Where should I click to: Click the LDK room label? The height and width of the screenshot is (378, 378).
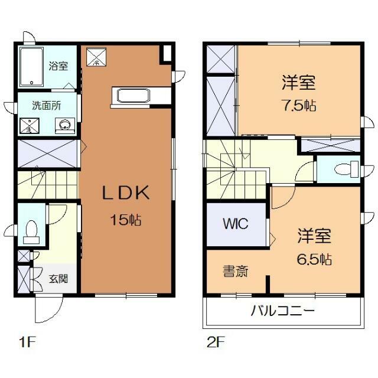125,194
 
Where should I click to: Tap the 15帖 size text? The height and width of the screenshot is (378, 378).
125,220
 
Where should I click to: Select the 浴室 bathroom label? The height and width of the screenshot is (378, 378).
58,66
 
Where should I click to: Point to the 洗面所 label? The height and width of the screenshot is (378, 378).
45,107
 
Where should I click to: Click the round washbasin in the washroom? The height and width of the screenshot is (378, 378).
64,125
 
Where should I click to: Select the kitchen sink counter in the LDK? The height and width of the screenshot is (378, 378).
135,95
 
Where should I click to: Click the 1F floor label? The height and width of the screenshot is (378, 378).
24,341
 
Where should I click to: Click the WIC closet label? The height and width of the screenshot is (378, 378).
235,224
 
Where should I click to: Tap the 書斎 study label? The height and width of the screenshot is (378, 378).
235,272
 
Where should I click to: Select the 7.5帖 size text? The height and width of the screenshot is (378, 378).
298,106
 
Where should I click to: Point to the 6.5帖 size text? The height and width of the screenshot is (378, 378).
314,259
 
